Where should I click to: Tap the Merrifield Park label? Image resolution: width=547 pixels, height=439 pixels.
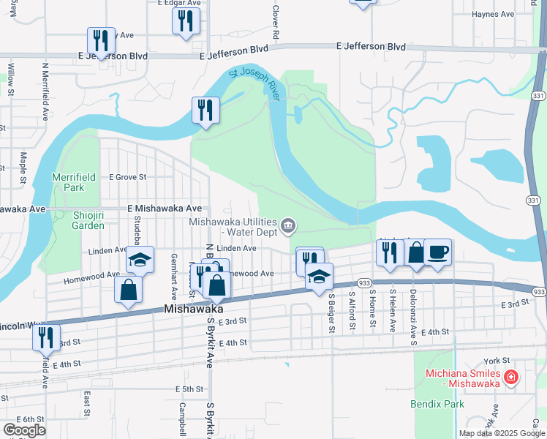(x=68, y=182)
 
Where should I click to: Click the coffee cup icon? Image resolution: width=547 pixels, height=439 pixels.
(x=437, y=252)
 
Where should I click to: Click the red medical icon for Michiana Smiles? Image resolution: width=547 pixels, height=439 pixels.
(x=511, y=378)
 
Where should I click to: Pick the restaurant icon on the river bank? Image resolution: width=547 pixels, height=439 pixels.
(x=205, y=110)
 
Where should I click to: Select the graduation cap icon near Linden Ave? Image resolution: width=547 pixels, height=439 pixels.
(x=140, y=260)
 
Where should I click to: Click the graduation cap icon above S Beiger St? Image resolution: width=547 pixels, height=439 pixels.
(x=319, y=276)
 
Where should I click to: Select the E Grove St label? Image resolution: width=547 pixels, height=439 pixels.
(x=128, y=177)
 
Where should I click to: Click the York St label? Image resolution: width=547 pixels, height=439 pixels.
(x=495, y=361)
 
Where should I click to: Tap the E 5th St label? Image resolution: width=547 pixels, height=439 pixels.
(x=189, y=389)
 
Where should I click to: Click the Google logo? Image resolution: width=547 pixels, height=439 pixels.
(x=24, y=430)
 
